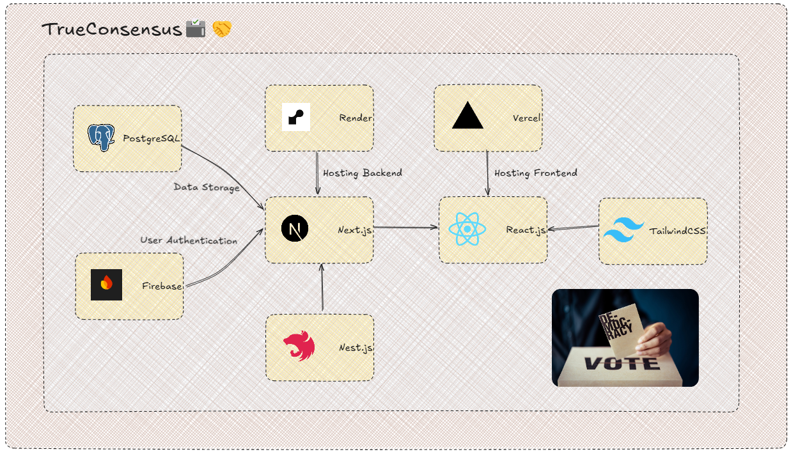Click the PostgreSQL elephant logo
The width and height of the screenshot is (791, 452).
point(101,137)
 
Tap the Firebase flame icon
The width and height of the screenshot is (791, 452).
point(106,284)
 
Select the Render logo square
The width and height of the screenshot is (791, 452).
point(296,117)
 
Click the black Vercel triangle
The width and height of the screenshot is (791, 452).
point(467,115)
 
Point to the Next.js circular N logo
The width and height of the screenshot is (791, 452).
point(295,228)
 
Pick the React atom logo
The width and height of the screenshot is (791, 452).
point(467,229)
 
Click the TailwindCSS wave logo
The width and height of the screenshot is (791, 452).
point(623,230)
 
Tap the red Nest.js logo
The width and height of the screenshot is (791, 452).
point(299,345)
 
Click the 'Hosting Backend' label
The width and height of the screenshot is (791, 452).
point(363,173)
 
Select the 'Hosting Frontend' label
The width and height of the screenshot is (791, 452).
point(536,173)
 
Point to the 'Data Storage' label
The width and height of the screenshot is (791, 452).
point(207,187)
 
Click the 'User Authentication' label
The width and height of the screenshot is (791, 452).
point(189,240)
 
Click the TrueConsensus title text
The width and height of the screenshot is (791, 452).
point(112,29)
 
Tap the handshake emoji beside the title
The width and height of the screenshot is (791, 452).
point(222,29)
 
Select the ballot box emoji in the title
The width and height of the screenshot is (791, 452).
point(196,28)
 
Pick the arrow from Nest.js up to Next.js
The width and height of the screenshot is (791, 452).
point(322,288)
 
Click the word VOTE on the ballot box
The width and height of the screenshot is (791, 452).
point(622,363)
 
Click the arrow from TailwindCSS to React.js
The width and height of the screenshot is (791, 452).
point(573,228)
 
